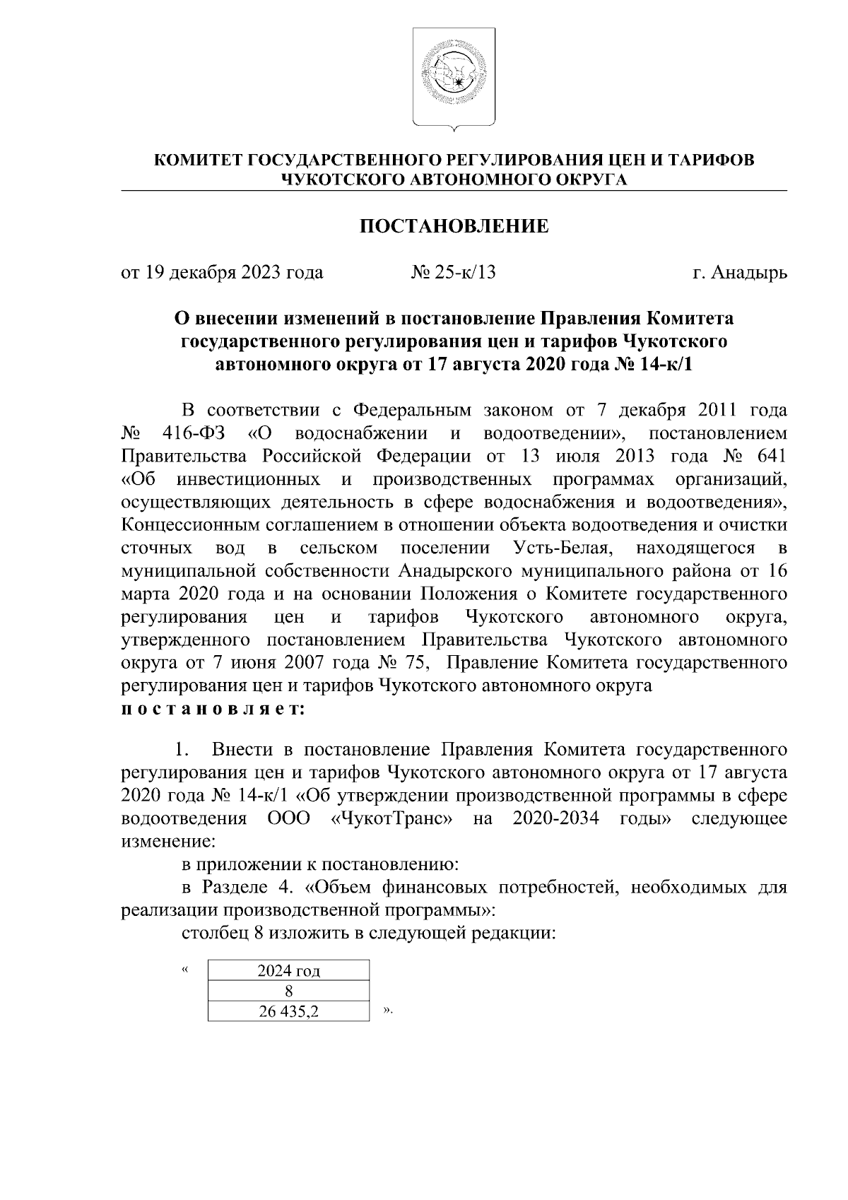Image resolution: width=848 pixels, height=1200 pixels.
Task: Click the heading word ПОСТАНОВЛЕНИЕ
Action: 454,226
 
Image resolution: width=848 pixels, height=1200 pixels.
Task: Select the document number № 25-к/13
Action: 453,272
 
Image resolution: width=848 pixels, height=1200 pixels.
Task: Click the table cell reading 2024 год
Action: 288,971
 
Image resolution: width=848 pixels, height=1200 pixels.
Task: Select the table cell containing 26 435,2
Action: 288,1011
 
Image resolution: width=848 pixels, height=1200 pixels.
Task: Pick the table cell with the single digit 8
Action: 288,991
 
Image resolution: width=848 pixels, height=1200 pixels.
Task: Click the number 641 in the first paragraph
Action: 771,456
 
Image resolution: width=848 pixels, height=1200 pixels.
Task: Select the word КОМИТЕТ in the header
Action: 199,160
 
